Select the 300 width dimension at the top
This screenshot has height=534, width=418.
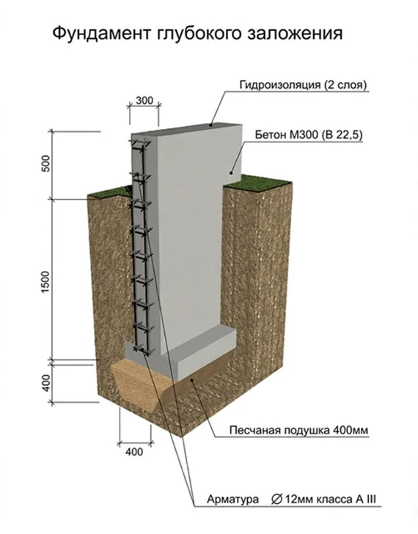[144, 100]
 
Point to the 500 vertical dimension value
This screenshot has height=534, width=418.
[47, 163]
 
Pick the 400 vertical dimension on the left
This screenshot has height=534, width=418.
[46, 382]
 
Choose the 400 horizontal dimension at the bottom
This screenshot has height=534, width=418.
[134, 452]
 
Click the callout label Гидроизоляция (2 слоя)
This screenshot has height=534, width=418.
[303, 85]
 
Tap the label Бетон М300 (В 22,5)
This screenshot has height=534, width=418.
[309, 135]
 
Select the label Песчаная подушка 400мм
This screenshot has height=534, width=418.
[299, 430]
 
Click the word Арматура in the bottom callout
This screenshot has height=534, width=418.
[233, 500]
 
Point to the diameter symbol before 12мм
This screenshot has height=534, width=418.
[276, 500]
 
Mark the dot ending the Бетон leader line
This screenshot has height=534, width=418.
[231, 173]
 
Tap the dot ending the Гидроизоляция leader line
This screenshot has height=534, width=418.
[211, 125]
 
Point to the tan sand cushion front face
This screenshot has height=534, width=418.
[136, 382]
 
